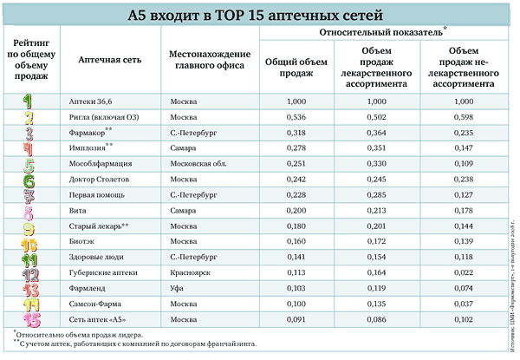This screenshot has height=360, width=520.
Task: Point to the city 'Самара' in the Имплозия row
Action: [184, 148]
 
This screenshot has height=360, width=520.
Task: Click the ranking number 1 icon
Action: [29, 101]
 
